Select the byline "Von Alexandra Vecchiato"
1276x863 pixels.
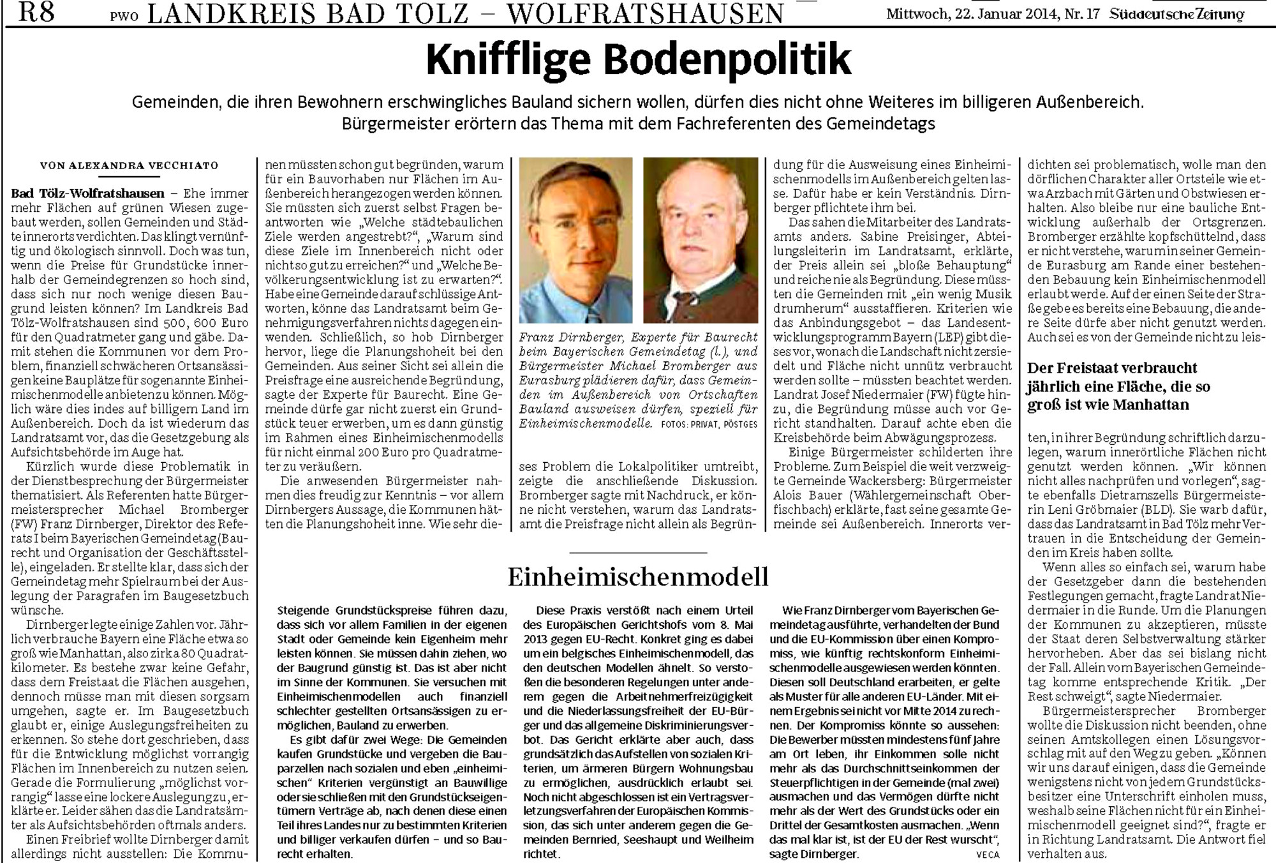point(129,165)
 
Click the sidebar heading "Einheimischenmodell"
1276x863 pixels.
point(638,576)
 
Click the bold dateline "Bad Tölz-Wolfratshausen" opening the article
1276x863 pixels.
point(87,193)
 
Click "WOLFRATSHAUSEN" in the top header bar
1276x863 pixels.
point(649,13)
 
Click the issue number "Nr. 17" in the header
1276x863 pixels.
point(1082,14)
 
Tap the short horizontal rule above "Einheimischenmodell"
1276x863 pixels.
point(638,552)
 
